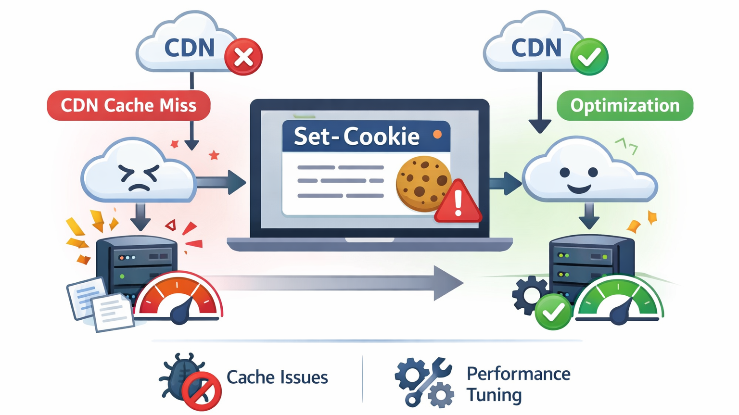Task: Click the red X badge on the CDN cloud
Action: click(x=243, y=57)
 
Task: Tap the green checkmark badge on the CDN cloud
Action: click(x=589, y=57)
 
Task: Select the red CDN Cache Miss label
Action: click(x=128, y=105)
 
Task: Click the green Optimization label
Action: click(x=624, y=105)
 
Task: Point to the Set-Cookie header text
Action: click(x=357, y=137)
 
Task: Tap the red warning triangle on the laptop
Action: click(x=458, y=202)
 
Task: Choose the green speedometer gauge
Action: click(x=619, y=301)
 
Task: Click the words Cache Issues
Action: click(x=277, y=377)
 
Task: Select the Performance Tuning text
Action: click(x=518, y=384)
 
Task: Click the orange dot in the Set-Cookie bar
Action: click(x=437, y=135)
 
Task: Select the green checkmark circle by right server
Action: click(x=553, y=312)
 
